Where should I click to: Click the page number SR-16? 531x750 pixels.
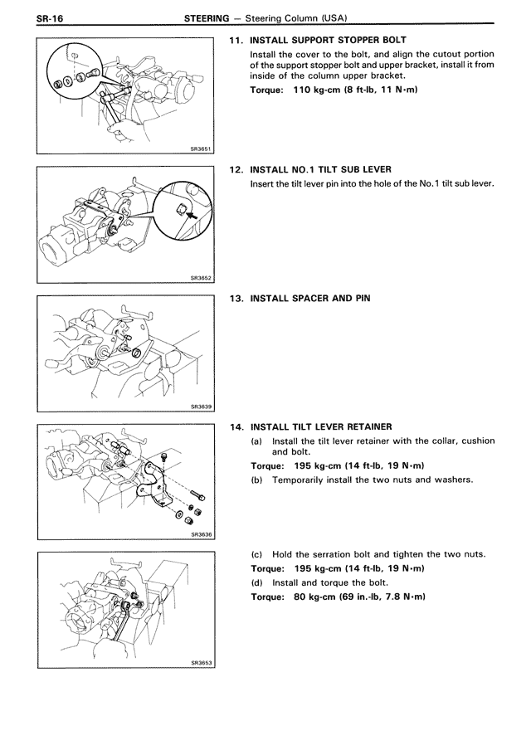pos(28,17)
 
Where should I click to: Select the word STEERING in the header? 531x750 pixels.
pos(206,17)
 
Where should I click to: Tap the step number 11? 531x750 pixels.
pos(235,40)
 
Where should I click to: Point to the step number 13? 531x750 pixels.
pos(235,298)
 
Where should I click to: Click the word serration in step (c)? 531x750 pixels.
pos(334,554)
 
